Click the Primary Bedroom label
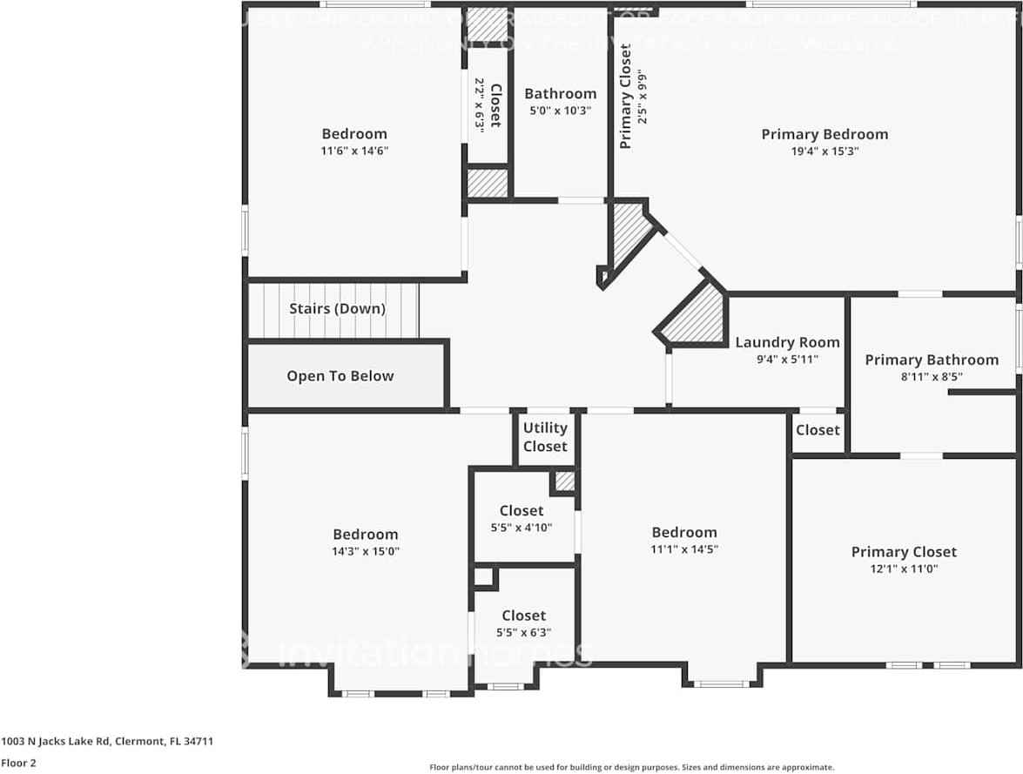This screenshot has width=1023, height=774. tap(824, 134)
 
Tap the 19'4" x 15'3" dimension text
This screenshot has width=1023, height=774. tap(824, 151)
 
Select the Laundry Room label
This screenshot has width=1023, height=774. tap(787, 342)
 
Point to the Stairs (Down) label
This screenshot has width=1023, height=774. tap(337, 309)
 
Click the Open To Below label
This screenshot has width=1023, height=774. tap(340, 376)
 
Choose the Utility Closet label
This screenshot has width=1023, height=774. tap(545, 437)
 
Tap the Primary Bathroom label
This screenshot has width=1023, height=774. tap(932, 360)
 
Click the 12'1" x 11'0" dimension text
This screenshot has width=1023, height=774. tap(904, 569)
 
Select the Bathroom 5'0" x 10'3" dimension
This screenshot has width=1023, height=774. tap(560, 111)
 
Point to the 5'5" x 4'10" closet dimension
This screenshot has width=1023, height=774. tap(522, 528)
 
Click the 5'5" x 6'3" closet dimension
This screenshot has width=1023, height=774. tap(523, 633)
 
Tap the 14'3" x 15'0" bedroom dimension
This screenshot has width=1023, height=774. tap(365, 552)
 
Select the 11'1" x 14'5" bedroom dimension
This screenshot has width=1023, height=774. tap(684, 549)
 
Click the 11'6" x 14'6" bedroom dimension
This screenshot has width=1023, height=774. tap(354, 151)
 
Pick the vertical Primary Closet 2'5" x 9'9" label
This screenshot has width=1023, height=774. tap(634, 97)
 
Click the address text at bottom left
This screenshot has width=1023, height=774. tap(107, 742)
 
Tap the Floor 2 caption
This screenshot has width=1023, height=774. tap(18, 763)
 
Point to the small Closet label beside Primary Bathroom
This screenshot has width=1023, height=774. tap(818, 430)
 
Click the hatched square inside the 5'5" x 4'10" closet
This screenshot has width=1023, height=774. tap(565, 481)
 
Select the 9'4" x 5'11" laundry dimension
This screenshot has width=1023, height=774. tap(787, 359)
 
